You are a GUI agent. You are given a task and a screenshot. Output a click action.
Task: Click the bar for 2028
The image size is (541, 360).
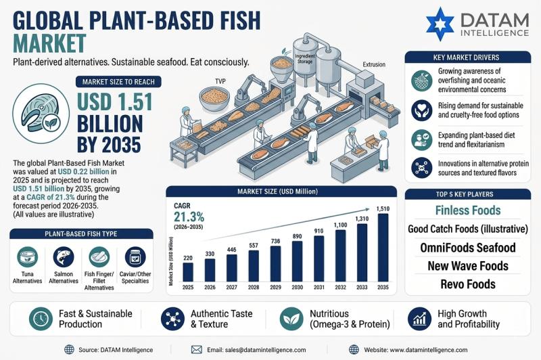254,266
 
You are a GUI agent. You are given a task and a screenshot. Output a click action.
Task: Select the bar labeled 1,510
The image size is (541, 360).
383,248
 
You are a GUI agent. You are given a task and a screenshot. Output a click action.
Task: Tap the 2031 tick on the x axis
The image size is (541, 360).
319,287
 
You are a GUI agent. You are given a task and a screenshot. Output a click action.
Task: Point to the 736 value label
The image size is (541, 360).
275,242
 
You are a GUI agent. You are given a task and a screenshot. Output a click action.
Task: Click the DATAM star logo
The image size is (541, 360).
440,24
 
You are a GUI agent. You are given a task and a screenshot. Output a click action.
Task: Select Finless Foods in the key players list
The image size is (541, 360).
468,210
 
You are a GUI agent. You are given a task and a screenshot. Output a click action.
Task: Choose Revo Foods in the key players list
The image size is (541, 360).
468,284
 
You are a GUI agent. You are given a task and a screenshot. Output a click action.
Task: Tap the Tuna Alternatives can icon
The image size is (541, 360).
27,257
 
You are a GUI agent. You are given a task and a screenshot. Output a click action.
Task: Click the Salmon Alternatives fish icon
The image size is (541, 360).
64,257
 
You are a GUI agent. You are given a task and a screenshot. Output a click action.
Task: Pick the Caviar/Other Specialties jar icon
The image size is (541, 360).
135,257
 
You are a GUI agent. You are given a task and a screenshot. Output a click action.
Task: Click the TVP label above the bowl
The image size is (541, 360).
220,81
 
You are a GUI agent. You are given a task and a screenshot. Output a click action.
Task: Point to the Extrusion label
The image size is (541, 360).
374,64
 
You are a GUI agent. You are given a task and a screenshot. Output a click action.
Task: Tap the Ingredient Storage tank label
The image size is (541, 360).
305,59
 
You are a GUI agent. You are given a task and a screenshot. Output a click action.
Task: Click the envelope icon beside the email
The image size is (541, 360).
197,350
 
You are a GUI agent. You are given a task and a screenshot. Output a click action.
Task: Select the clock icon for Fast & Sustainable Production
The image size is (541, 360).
41,319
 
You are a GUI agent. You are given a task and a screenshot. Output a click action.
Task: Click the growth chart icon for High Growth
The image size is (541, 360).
419,319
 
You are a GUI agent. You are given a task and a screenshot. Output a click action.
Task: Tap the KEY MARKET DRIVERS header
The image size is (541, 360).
466,58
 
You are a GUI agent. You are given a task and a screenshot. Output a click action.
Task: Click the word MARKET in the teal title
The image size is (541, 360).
49,43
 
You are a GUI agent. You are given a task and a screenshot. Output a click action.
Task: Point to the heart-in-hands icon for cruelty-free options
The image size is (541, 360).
421,110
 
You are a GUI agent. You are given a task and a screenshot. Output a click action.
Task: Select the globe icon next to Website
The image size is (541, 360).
354,350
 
